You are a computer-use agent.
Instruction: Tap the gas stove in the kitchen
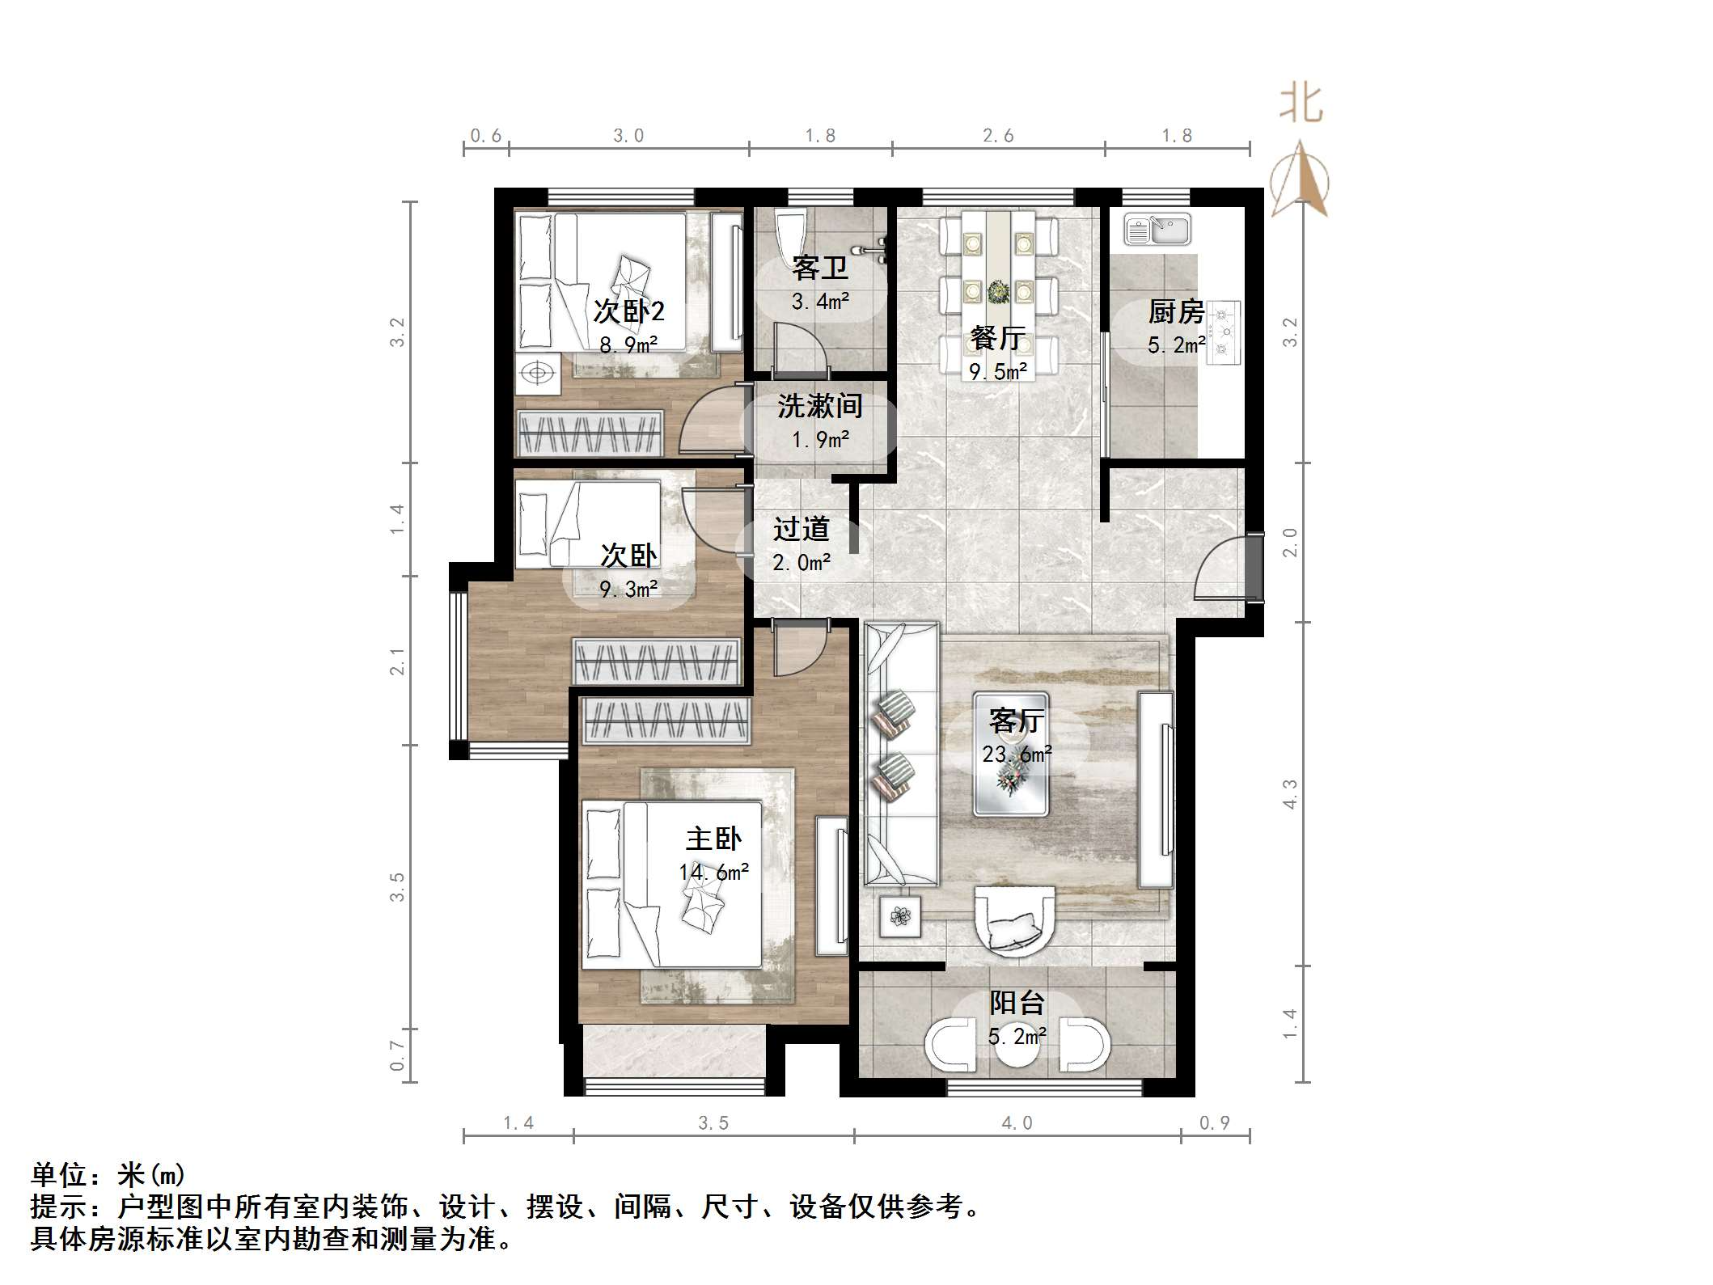(1223, 332)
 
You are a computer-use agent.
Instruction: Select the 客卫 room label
(820, 268)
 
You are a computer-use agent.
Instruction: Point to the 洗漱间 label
(820, 406)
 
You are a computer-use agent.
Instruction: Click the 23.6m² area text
(1017, 755)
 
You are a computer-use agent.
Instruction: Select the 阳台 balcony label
(1017, 1003)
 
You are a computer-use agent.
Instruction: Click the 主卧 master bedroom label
(713, 839)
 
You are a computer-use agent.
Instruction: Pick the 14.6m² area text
(713, 872)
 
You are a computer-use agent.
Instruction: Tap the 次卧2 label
(628, 311)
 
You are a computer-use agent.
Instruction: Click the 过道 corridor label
(801, 529)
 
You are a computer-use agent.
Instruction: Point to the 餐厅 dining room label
(998, 338)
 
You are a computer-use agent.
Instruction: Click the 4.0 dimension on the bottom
(1017, 1122)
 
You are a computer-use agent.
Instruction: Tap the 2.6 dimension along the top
(998, 136)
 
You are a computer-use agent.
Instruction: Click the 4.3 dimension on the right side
(1290, 793)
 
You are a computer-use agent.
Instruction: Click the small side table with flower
(900, 916)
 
